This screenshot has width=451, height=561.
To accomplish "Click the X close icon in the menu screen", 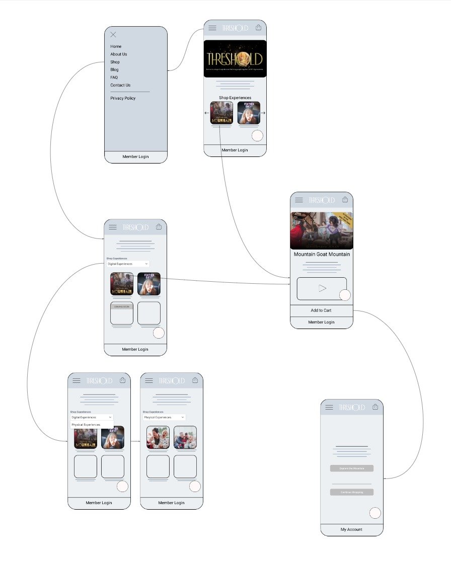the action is (113, 34).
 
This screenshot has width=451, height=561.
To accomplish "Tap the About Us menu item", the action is (119, 54).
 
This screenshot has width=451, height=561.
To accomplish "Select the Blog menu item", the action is (115, 69).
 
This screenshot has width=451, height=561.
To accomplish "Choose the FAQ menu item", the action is (114, 77).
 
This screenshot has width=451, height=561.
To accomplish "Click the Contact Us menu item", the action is (120, 85).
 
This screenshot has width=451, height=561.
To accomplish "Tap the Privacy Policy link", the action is (123, 98).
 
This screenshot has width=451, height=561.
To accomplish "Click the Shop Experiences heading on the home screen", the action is (235, 98).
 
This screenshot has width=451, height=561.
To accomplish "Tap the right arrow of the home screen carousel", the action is (263, 113).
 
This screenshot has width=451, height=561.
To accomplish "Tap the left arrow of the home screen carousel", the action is (207, 113).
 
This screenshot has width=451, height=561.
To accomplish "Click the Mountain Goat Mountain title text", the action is (322, 254).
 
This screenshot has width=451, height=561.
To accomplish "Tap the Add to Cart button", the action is (321, 310).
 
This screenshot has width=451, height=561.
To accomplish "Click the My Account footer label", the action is (351, 529).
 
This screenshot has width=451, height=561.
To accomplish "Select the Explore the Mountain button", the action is (352, 468).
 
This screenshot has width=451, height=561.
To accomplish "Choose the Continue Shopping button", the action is (352, 492).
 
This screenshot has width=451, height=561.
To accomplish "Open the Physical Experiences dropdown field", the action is (164, 417).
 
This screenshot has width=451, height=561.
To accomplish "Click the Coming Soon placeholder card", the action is (122, 313).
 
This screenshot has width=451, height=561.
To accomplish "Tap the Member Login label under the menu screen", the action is (135, 156).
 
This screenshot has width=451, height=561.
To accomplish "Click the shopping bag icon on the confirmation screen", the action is (375, 407).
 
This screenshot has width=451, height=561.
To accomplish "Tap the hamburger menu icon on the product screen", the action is (299, 200).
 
